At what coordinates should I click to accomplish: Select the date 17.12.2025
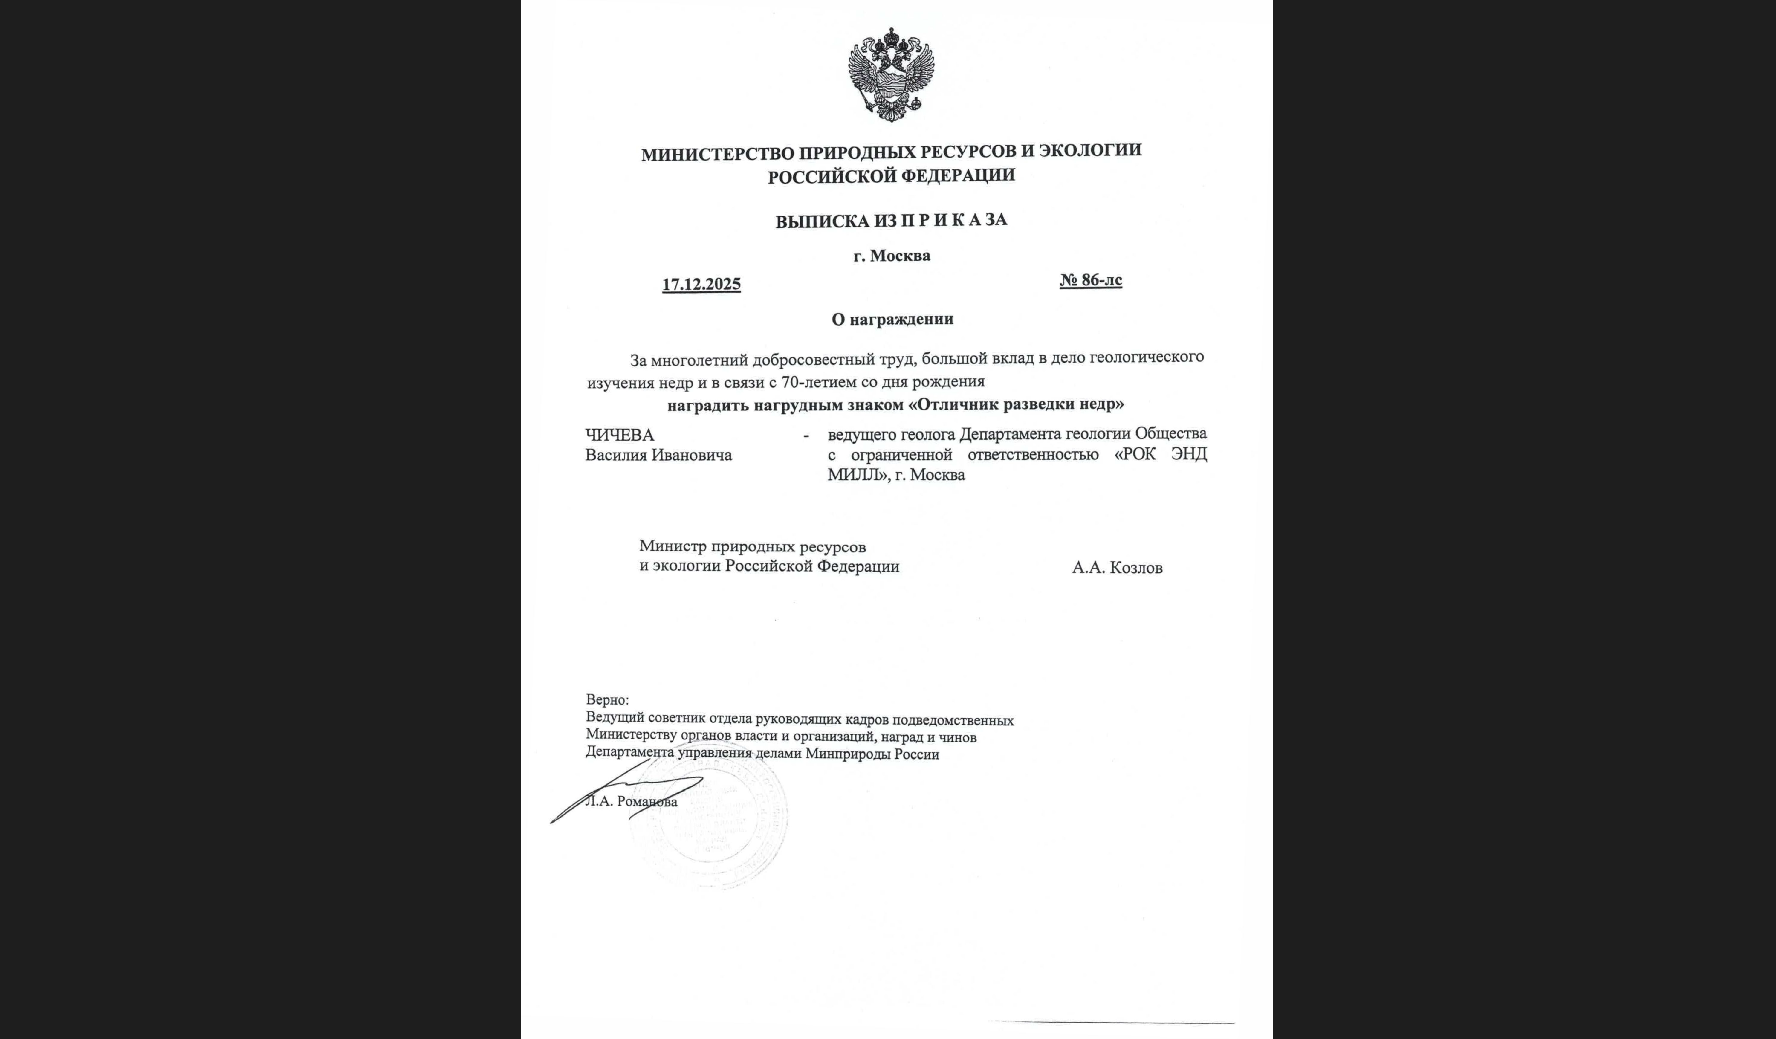(701, 284)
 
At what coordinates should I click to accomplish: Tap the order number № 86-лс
(1090, 280)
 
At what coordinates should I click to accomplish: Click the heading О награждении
(892, 319)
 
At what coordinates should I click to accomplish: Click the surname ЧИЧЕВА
(620, 435)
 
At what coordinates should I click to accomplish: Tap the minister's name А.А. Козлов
(1117, 567)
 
